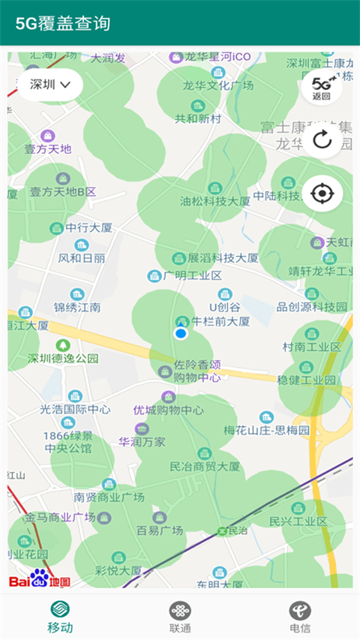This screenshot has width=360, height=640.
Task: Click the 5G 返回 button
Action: [x=322, y=88]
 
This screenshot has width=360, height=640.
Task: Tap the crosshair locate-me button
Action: [x=322, y=194]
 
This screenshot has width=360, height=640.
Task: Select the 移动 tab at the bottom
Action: [x=61, y=617]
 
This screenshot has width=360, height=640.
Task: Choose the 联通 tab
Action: [x=180, y=617]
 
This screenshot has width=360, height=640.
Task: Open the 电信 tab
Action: [x=300, y=617]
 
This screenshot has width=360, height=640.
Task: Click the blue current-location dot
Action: [x=180, y=333]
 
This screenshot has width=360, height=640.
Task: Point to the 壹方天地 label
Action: [x=48, y=149]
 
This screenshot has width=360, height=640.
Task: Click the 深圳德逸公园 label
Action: [x=63, y=358]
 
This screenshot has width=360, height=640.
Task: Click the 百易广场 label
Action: [x=160, y=530]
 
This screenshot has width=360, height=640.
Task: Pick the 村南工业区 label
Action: [x=311, y=347]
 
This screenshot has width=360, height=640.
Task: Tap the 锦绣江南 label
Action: [x=77, y=307]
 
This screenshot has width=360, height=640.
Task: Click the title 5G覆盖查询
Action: [x=64, y=23]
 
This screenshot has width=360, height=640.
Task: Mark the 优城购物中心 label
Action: [x=168, y=410]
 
